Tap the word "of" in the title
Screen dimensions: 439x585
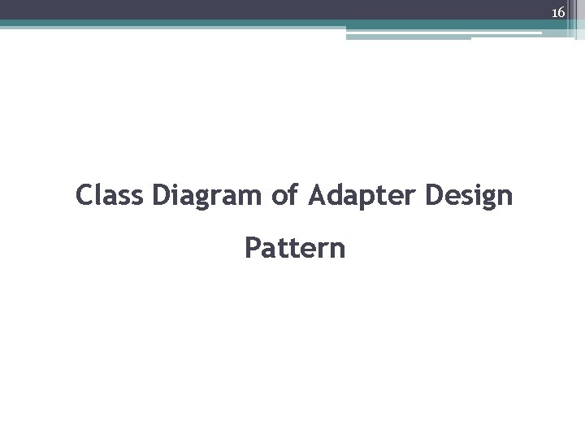[x=285, y=195]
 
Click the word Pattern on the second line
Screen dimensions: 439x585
[x=295, y=247]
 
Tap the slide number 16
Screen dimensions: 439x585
[x=558, y=12]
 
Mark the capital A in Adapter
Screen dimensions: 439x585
[x=317, y=195]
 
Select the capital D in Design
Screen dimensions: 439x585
[x=431, y=195]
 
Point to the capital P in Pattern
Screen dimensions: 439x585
[x=252, y=247]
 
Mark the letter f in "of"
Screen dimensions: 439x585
[x=292, y=194]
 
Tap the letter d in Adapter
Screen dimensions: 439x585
[x=335, y=195]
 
